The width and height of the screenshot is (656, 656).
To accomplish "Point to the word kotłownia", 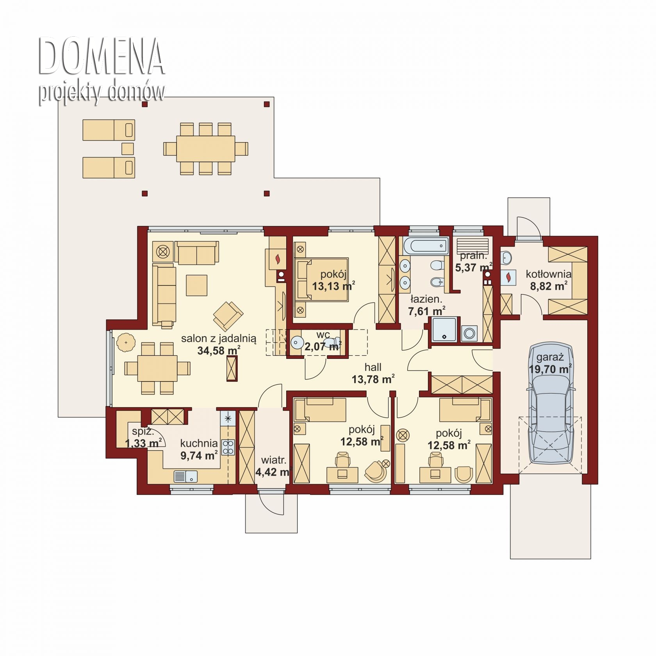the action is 548,274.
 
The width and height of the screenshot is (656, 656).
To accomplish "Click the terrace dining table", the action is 206,148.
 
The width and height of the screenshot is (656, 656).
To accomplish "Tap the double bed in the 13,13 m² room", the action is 321,279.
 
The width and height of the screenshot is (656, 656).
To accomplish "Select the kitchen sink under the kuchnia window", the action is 185,476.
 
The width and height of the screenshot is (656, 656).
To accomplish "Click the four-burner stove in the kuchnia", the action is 228,447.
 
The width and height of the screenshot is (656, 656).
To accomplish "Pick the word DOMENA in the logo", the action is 101,57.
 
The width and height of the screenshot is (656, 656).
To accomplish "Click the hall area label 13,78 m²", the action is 373,379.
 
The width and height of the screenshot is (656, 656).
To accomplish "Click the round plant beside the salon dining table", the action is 126,343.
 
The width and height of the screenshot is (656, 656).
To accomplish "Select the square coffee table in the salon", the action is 196,285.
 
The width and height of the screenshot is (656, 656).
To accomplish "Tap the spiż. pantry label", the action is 143,431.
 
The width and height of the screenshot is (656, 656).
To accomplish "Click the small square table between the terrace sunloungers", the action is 128,149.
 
